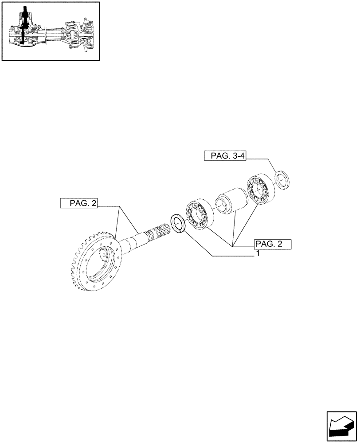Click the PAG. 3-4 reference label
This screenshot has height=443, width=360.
(x=225, y=155)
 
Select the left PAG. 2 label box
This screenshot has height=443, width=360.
(x=79, y=203)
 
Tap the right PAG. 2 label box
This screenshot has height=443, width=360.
(x=272, y=244)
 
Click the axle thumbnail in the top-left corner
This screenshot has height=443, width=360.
(x=50, y=31)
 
